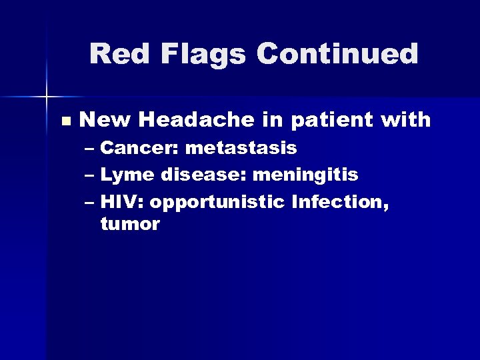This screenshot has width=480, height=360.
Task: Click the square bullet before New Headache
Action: tap(65, 121)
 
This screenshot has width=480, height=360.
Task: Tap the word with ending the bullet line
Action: tap(405, 120)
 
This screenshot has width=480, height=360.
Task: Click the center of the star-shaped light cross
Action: tap(47, 97)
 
